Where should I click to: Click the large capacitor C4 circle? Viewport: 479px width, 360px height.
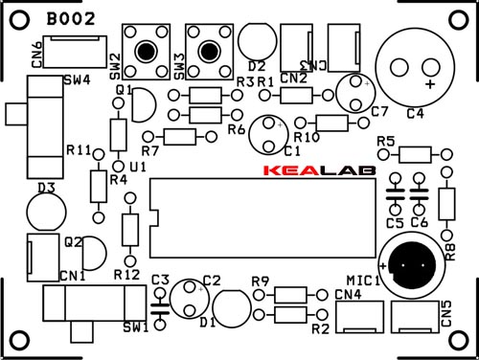pos(413,65)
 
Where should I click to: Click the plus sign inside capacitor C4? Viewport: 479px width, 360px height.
pos(429,85)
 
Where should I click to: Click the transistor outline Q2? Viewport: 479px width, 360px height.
pos(93,253)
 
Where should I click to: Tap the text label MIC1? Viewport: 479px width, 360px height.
pos(363,281)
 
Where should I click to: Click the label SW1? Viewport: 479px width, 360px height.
pos(137,328)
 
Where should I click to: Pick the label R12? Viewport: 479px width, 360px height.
pos(126,275)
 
